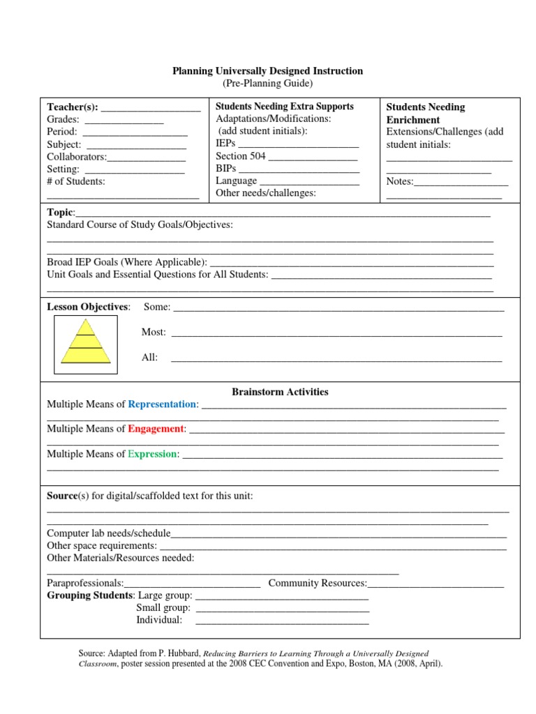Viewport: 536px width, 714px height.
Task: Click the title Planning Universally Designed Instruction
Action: pyautogui.click(x=268, y=71)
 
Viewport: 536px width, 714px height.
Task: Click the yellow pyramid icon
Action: pyautogui.click(x=86, y=341)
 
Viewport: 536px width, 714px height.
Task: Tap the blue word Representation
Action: pyautogui.click(x=163, y=404)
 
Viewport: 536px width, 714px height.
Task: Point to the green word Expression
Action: pyautogui.click(x=153, y=454)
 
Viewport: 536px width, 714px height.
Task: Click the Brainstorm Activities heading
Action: pyautogui.click(x=281, y=392)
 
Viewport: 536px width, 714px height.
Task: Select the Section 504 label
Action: pyautogui.click(x=241, y=156)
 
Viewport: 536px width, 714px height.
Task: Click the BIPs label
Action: pyautogui.click(x=226, y=169)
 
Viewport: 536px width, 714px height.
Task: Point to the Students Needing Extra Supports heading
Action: pyautogui.click(x=285, y=107)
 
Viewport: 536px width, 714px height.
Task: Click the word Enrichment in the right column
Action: pyautogui.click(x=413, y=120)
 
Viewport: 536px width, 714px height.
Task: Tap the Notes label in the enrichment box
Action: pyautogui.click(x=400, y=181)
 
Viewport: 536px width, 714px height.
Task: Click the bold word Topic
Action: pyautogui.click(x=60, y=212)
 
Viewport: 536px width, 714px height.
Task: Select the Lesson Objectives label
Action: pyautogui.click(x=88, y=307)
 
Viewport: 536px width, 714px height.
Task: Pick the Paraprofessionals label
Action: pyautogui.click(x=85, y=583)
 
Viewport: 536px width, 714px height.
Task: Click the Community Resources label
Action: pyautogui.click(x=318, y=583)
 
